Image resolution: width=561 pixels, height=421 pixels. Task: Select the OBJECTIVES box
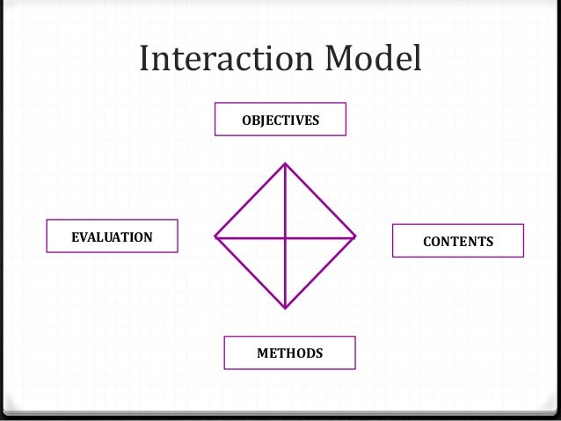click(280, 120)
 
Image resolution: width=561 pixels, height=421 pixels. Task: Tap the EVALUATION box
click(112, 236)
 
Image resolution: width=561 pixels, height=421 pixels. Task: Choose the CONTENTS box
click(457, 241)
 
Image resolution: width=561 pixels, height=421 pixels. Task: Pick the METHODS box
click(289, 353)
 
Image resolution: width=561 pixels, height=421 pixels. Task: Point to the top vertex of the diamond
click(285, 163)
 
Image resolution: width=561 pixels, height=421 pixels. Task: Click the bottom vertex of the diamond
click(285, 308)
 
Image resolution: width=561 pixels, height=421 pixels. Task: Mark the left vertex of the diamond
click(215, 236)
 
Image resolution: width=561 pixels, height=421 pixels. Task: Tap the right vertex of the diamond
click(355, 236)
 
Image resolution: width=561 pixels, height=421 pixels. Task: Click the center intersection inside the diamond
click(285, 236)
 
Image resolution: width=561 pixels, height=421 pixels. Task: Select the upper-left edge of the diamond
click(250, 200)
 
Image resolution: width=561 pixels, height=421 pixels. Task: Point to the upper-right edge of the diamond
click(320, 200)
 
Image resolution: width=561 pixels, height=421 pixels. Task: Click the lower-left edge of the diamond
click(250, 272)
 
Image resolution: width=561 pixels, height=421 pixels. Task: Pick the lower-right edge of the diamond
click(320, 272)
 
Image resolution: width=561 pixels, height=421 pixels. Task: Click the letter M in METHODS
click(261, 353)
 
